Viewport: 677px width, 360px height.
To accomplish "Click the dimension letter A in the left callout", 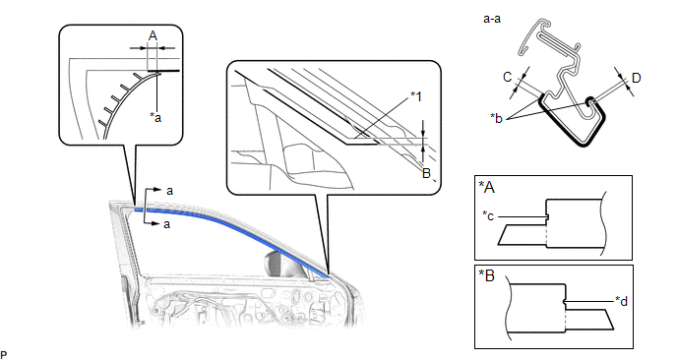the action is tap(153, 35).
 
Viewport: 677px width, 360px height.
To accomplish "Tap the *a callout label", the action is tap(155, 116).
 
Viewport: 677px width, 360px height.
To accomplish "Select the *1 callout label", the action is tap(415, 96).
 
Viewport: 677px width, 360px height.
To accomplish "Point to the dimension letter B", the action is tap(426, 173).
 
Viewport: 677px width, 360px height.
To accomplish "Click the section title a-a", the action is tap(492, 19).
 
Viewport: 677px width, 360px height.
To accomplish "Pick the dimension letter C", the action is tap(508, 77).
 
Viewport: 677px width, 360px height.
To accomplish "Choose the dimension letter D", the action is tap(636, 78).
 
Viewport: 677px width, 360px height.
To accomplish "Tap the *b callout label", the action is tap(497, 118).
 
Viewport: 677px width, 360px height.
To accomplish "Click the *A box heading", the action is tap(487, 187).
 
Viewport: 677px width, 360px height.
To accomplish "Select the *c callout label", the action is tap(488, 215).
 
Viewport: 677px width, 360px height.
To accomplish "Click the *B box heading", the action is tap(487, 275).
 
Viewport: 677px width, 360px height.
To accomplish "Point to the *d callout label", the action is tap(621, 301).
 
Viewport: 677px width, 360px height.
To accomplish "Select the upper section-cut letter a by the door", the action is tap(169, 191).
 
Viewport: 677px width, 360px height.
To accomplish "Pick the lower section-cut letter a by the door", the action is tap(166, 224).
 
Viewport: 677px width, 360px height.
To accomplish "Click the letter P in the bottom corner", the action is tap(4, 355).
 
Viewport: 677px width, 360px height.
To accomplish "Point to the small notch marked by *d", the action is tap(565, 302).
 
